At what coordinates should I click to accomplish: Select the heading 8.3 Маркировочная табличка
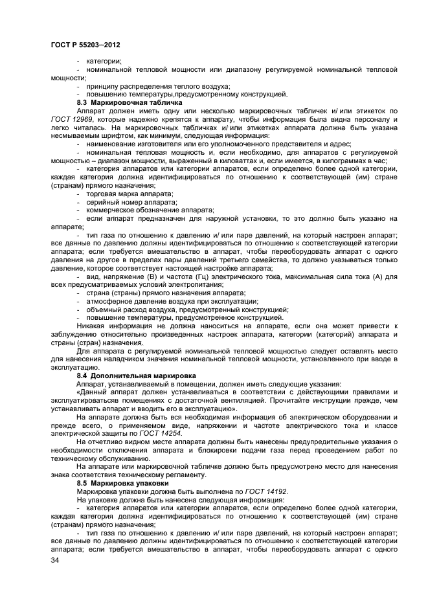[130, 102]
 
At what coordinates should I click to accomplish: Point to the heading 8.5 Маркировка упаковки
[123, 484]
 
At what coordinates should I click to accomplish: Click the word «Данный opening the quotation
[93, 392]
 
